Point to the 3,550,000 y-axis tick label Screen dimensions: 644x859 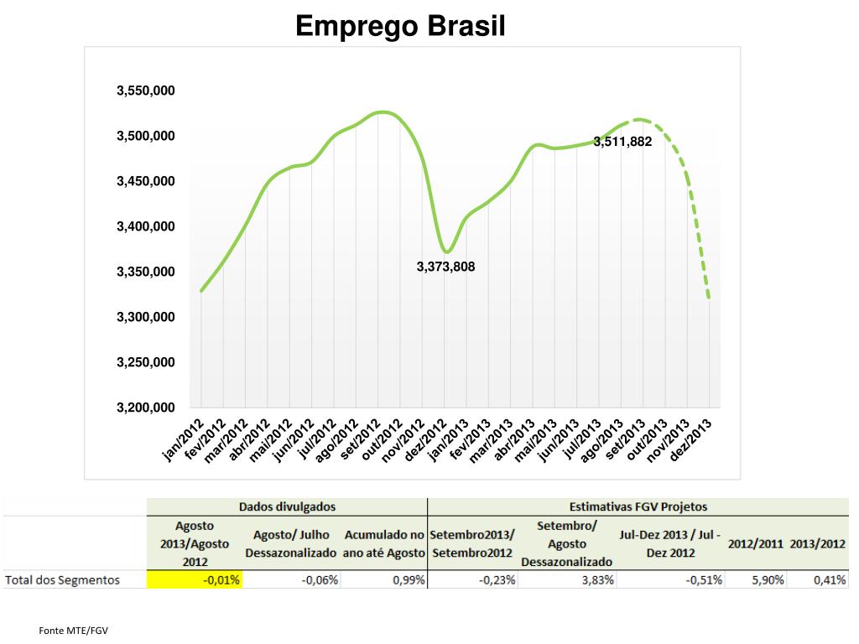pos(145,91)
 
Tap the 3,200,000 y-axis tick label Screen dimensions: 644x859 pos(145,408)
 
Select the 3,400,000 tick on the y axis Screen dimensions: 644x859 pos(145,226)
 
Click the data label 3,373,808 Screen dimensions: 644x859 pos(445,267)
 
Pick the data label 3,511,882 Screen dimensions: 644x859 pos(622,142)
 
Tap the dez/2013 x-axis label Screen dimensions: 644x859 pos(694,439)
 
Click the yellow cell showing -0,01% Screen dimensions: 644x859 pos(195,579)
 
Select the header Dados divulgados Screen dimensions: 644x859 pos(287,506)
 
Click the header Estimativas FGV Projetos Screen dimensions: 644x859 pos(638,506)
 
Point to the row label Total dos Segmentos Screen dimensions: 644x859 pos(63,579)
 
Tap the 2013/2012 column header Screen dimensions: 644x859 pos(818,543)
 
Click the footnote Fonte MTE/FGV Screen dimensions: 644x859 pos(75,630)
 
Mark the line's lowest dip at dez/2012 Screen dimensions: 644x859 pos(447,252)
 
